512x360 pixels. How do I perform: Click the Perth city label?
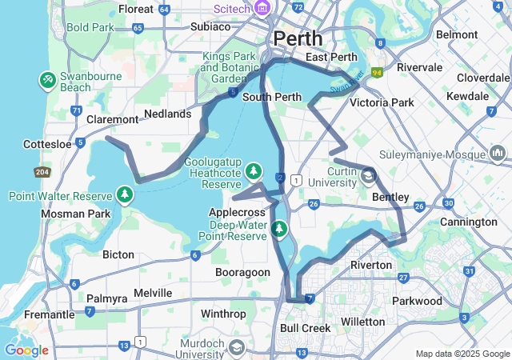[298, 38]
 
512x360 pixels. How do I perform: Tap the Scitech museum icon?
[262, 8]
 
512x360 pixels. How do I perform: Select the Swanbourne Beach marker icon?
[47, 80]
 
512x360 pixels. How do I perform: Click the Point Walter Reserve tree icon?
[125, 194]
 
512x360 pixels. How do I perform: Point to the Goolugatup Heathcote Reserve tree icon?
[253, 171]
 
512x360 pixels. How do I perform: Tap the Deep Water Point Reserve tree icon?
[279, 230]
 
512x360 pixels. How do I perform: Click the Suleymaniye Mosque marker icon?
[498, 154]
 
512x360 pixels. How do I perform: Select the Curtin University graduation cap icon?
[368, 174]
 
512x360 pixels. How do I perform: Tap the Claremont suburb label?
[112, 119]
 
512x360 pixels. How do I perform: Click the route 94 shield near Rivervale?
[376, 72]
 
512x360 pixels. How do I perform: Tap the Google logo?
[26, 350]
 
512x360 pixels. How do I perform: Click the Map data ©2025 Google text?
[462, 354]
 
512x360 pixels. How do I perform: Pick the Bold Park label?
[90, 26]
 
